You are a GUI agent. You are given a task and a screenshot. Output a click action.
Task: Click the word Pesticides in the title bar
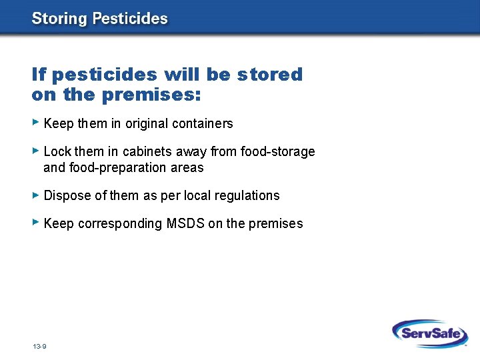130,19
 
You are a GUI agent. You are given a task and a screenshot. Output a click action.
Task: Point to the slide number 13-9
39,347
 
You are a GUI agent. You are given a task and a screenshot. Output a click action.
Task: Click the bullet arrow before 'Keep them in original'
36,123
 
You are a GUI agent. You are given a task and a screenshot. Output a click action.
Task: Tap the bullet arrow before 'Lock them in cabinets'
36,151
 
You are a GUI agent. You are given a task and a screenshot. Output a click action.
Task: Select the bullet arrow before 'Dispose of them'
36,195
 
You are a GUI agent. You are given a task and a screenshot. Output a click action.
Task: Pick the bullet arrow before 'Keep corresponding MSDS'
36,223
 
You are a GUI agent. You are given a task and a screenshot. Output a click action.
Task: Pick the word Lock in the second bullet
57,151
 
